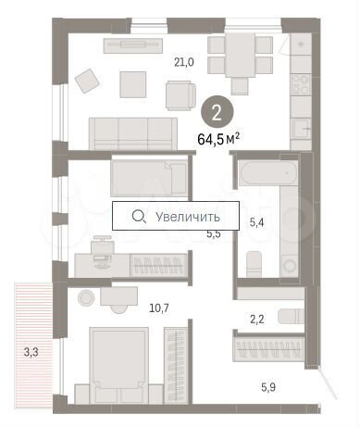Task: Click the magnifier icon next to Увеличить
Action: [x=139, y=216]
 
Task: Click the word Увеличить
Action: [x=189, y=216]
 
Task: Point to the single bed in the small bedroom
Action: [x=148, y=176]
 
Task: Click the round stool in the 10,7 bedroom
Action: [x=86, y=297]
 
